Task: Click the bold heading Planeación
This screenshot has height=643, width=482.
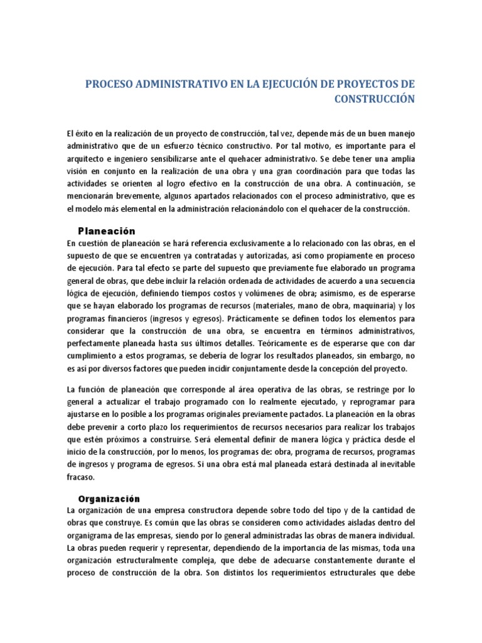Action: pyautogui.click(x=106, y=230)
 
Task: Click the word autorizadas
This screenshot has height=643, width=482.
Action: pyautogui.click(x=255, y=256)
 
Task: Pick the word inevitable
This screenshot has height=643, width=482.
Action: pyautogui.click(x=395, y=465)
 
